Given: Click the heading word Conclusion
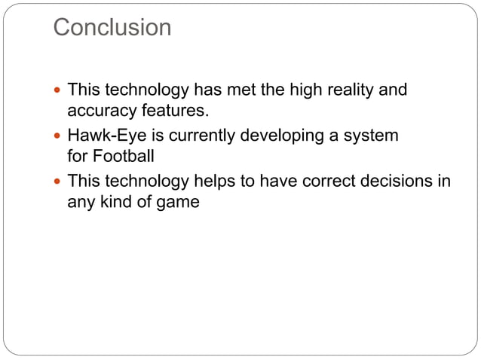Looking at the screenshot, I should pyautogui.click(x=112, y=28).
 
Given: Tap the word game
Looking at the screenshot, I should pyautogui.click(x=179, y=202).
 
